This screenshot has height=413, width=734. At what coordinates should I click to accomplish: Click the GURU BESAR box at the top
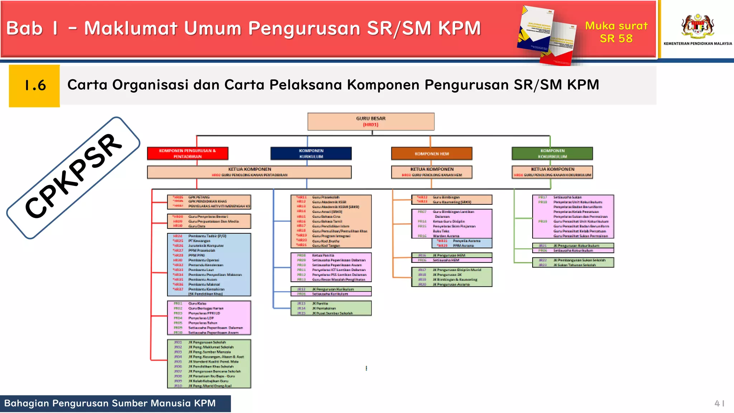371,122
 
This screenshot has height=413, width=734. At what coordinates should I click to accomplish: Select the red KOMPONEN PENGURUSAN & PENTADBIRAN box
187,153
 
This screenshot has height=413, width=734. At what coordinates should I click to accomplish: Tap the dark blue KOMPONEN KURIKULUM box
311,153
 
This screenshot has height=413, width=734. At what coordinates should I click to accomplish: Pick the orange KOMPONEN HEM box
432,153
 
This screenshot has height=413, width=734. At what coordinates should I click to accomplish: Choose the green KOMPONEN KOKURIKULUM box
552,153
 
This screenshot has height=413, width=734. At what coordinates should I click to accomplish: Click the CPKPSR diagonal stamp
73,177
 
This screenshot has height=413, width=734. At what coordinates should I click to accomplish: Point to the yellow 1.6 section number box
34,86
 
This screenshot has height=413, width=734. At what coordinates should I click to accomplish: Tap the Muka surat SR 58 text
616,32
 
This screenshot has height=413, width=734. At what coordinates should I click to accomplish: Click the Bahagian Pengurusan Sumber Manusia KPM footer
110,403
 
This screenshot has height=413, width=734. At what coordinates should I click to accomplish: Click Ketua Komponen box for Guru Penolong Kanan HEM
432,172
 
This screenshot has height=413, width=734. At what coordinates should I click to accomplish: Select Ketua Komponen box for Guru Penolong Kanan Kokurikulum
552,172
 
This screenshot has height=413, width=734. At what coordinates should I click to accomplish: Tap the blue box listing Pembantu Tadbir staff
209,265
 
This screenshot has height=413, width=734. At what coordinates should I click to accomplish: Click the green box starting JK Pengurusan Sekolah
209,364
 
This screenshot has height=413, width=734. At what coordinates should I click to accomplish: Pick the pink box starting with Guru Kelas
209,318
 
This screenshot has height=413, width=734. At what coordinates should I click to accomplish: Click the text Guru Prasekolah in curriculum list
325,197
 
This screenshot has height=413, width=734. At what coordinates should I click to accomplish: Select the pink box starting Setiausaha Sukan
573,217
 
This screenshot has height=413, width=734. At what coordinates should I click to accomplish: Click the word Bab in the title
24,28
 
